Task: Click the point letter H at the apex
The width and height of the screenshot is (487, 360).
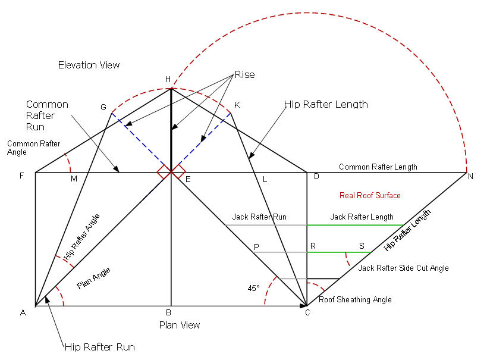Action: pos(168,79)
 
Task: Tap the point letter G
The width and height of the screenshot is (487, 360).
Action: pos(103,107)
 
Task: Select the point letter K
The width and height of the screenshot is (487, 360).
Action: pos(237,105)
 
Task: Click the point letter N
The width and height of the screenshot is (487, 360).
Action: pos(470,176)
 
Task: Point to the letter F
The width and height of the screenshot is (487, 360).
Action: pos(22,176)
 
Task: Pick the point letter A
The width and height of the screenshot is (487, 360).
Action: pos(23,313)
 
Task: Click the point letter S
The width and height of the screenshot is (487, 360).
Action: pos(362,246)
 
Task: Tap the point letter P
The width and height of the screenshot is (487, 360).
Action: pos(256,247)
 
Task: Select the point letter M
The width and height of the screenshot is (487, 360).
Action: pos(74,179)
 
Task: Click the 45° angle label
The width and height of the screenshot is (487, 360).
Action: pos(253,288)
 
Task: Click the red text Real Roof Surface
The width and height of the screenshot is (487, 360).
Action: pos(370,195)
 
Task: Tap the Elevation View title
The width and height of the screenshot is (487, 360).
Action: pos(89,65)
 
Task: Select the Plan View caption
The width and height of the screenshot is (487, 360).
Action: pos(180,325)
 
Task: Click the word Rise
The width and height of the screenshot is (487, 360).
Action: pos(245,74)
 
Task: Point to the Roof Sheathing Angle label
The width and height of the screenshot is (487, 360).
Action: pos(355,299)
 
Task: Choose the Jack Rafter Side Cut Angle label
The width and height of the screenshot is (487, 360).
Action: pos(403,268)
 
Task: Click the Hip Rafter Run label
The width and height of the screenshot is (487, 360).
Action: pos(100,347)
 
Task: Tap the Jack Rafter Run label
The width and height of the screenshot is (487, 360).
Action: pos(259,217)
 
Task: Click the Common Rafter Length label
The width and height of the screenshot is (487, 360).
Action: pos(378,167)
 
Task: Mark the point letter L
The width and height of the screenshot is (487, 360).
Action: pos(265,179)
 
